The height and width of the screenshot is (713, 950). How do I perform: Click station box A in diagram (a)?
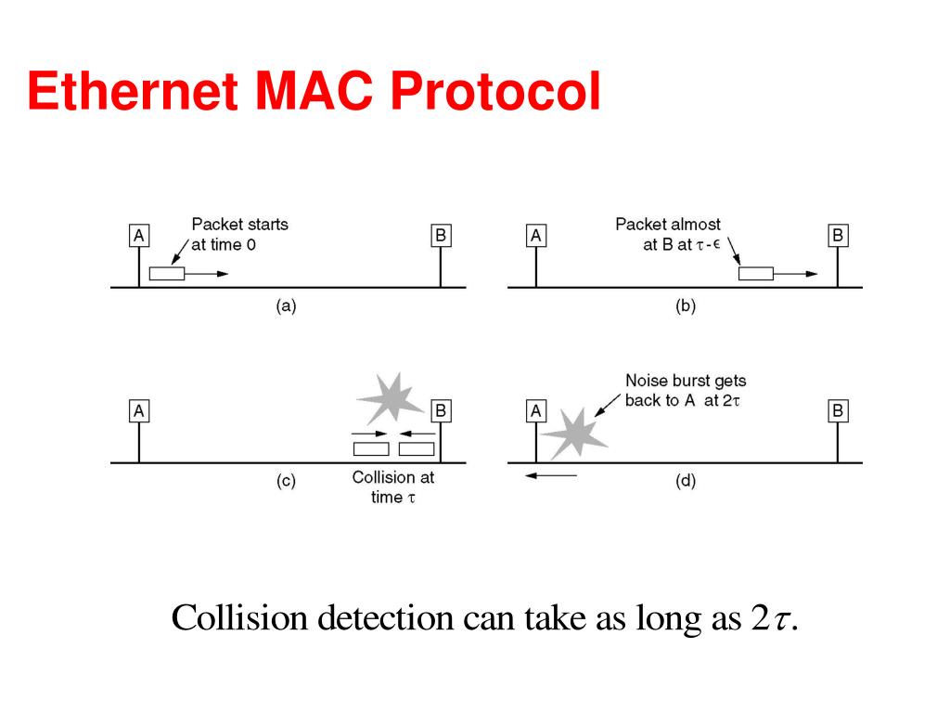tap(138, 236)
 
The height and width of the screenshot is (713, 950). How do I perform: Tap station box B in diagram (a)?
tap(441, 236)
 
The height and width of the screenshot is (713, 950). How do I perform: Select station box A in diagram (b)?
tap(535, 236)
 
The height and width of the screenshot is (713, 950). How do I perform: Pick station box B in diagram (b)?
tap(838, 236)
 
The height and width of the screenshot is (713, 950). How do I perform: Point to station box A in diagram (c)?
tap(138, 410)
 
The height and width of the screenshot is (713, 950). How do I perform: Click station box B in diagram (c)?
tap(441, 410)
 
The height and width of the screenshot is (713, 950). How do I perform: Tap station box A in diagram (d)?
tap(535, 410)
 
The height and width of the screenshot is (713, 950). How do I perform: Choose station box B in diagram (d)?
tap(838, 410)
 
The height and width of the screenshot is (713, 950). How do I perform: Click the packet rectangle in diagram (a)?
tap(167, 274)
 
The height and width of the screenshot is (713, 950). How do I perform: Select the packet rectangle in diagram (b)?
tap(755, 274)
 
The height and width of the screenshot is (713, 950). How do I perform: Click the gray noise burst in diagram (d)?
tap(572, 433)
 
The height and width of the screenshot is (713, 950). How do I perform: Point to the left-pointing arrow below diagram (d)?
tap(550, 475)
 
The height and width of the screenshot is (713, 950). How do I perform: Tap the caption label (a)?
tap(286, 306)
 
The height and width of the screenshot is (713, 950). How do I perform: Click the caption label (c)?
tap(286, 481)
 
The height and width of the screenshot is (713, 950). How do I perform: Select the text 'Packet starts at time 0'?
tap(239, 234)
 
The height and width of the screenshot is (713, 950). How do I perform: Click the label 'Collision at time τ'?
tap(392, 487)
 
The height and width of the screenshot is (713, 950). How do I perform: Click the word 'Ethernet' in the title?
tap(130, 93)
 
